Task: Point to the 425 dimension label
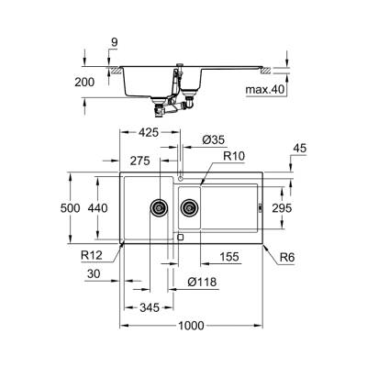pos(149,132)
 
